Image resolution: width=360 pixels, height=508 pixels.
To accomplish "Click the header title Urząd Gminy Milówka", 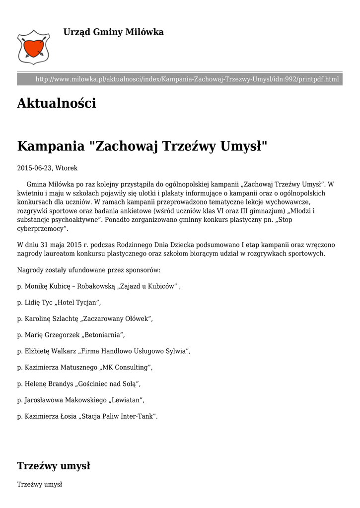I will tap(113, 32).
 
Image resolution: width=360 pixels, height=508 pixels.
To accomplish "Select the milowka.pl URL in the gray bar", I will tap(187, 79).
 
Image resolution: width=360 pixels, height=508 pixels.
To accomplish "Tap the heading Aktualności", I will tap(56, 104).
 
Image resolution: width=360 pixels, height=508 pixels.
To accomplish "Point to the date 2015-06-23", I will tap(35, 168).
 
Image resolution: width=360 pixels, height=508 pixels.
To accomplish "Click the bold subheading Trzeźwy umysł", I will tap(54, 466).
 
